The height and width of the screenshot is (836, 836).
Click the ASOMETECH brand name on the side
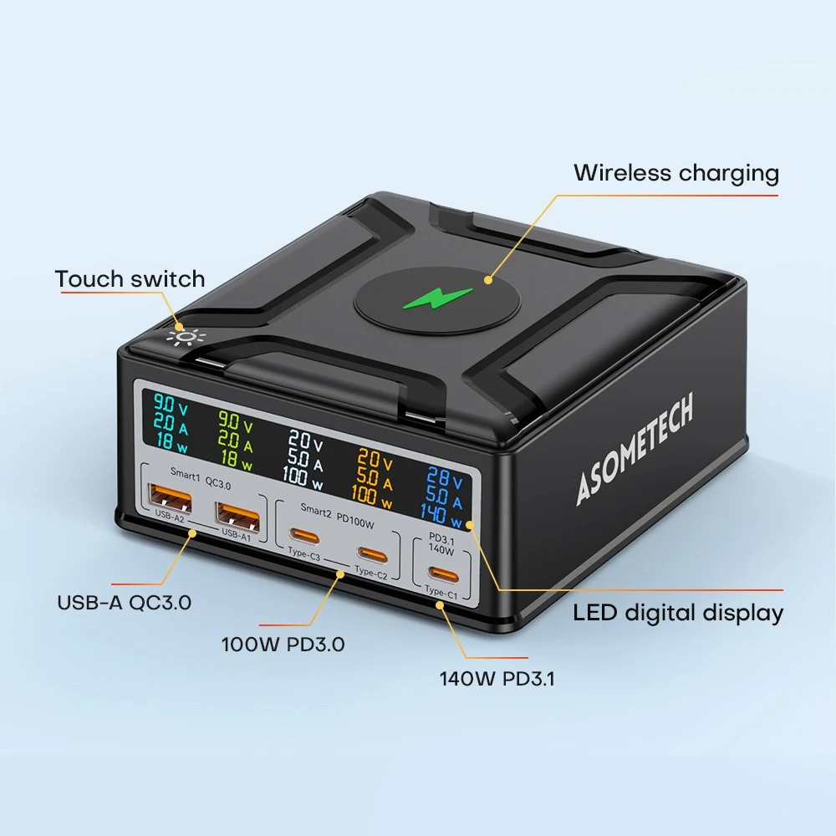coord(635,451)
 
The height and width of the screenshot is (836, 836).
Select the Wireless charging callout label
coord(675,173)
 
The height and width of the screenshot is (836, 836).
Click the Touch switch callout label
coord(130,278)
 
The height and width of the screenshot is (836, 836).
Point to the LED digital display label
coord(678,613)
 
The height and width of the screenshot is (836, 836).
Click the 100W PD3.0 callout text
coord(283,645)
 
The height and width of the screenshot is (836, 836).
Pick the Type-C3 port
coord(303,536)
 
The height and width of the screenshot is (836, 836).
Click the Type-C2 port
coord(371,553)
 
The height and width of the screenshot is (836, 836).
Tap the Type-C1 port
coord(440,573)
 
